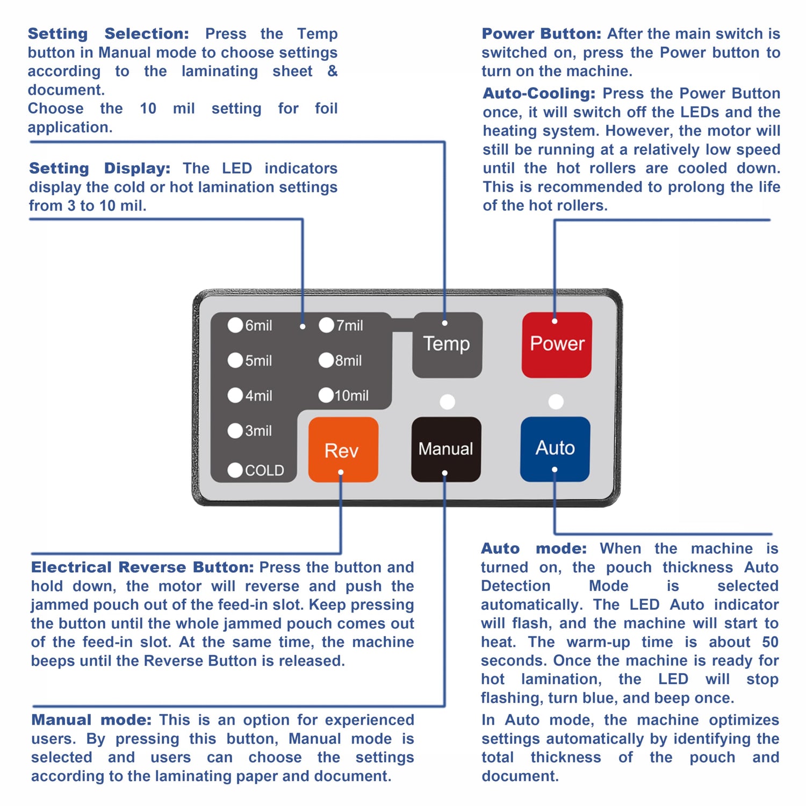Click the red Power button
pyautogui.click(x=557, y=344)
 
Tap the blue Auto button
pyautogui.click(x=555, y=449)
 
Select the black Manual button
pyautogui.click(x=446, y=449)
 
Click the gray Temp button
pyautogui.click(x=447, y=344)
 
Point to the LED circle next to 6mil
pyautogui.click(x=235, y=325)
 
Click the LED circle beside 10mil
pyautogui.click(x=326, y=395)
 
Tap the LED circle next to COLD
pyautogui.click(x=235, y=470)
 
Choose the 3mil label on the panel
pyautogui.click(x=258, y=431)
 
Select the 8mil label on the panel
pyautogui.click(x=349, y=361)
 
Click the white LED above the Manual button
pyautogui.click(x=447, y=401)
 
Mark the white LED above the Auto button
pyautogui.click(x=556, y=401)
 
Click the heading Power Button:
pyautogui.click(x=541, y=34)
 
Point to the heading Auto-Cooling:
pyautogui.click(x=539, y=93)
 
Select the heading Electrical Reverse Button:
pyautogui.click(x=142, y=567)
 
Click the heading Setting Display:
pyautogui.click(x=99, y=168)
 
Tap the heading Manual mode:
pyautogui.click(x=91, y=720)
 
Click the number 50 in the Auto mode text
pyautogui.click(x=770, y=642)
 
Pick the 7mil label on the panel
pyautogui.click(x=350, y=326)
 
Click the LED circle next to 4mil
pyautogui.click(x=235, y=395)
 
